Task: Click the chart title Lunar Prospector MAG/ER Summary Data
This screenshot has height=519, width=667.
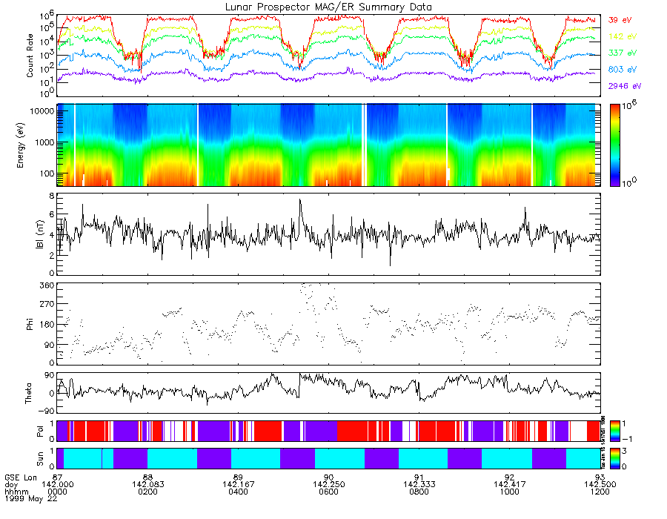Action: click(328, 7)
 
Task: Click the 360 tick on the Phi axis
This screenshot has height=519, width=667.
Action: click(47, 285)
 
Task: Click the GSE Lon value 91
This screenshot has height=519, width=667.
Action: click(419, 476)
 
